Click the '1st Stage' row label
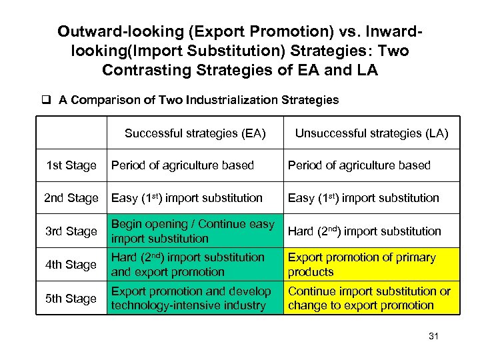tap(71, 165)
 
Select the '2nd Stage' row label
tap(71, 198)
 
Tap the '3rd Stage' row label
tap(71, 231)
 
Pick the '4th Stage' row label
tap(71, 265)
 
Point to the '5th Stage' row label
tap(71, 299)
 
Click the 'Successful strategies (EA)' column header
tap(195, 133)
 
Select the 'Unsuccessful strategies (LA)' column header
tap(371, 133)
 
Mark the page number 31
tap(433, 337)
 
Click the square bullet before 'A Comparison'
tap(47, 101)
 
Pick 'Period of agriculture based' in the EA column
tap(183, 165)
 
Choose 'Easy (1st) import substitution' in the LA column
tap(363, 198)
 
